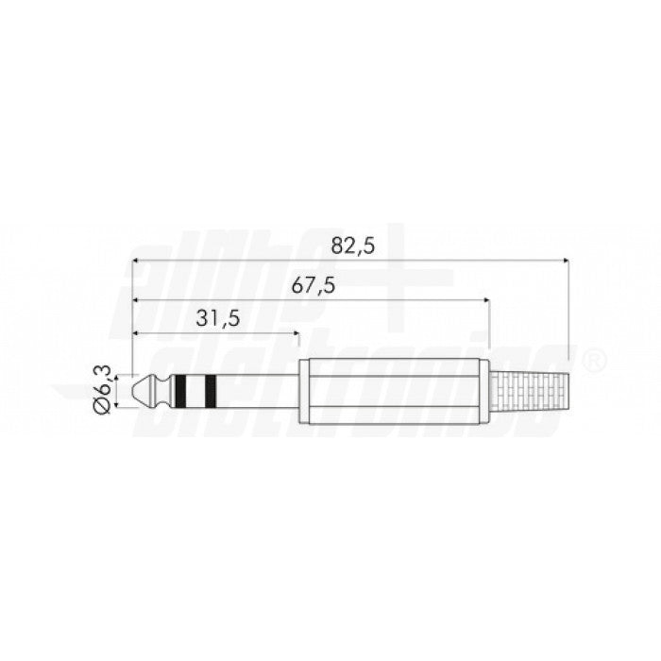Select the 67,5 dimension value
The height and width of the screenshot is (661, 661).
click(313, 286)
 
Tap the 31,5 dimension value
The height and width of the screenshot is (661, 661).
click(217, 319)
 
